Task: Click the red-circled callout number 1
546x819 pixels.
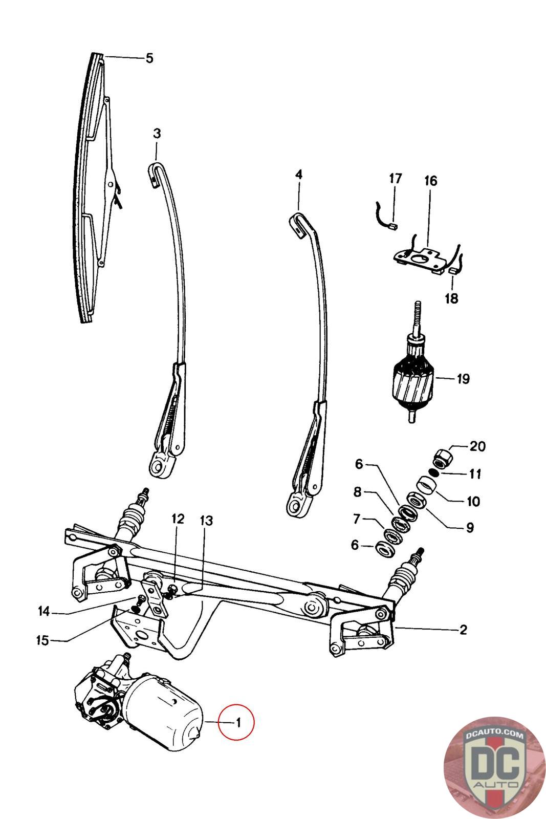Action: coord(238,723)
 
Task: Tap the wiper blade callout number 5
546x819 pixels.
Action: coord(149,58)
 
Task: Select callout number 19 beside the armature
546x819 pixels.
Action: coord(463,379)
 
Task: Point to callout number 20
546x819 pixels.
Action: coord(477,446)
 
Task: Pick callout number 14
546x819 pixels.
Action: coord(44,611)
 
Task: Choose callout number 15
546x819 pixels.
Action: coord(43,640)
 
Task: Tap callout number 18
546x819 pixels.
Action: coord(451,298)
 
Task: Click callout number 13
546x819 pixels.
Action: coord(207,521)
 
